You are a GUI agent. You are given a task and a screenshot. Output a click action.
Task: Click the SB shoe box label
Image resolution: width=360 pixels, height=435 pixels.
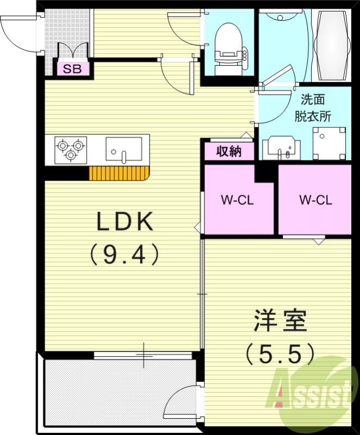coord(70,69)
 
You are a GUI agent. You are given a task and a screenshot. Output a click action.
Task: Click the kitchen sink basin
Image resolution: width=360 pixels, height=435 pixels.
coord(123,148)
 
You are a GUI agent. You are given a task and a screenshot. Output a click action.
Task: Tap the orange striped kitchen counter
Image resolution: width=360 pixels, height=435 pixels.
coord(119,173)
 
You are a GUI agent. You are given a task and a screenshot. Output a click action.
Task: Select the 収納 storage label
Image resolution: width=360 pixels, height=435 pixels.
coord(229,152)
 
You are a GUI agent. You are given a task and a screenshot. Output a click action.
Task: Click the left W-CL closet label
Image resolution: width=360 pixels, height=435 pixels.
coord(238,200)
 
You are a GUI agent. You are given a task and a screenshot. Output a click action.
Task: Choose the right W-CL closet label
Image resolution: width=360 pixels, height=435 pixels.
coord(315,200)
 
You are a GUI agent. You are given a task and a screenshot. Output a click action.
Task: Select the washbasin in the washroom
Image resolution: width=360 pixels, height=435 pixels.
coord(281,147)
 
